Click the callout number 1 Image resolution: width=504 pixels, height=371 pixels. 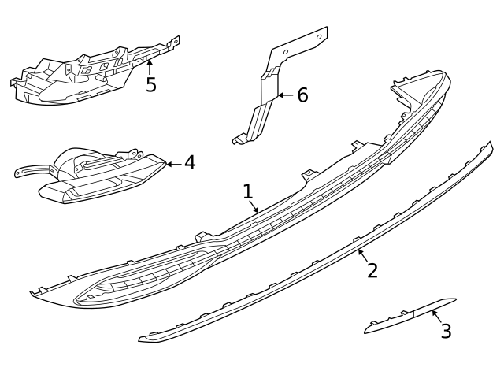[x=248, y=191]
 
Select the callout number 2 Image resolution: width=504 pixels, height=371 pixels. [x=372, y=270]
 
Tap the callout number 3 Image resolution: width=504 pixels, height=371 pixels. [x=446, y=331]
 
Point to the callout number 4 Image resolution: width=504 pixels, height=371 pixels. [x=189, y=163]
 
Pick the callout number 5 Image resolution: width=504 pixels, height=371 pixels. [x=150, y=84]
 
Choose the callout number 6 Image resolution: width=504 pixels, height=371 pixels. [x=302, y=96]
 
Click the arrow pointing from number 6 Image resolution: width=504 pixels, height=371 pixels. [x=284, y=96]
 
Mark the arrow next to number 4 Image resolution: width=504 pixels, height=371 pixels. [x=172, y=164]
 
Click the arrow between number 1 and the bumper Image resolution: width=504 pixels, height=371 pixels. [x=254, y=207]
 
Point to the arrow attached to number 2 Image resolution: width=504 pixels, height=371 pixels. [x=362, y=254]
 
